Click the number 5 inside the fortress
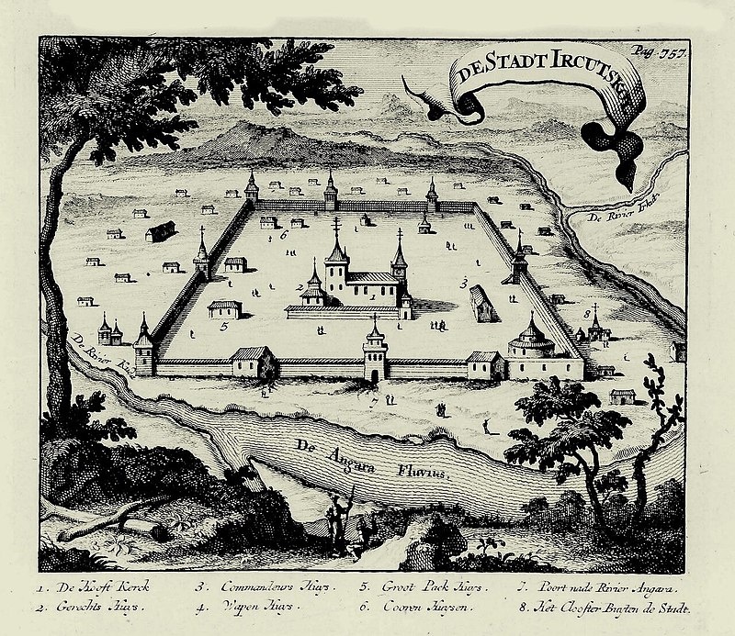tap(223, 323)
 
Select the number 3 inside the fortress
tap(465, 280)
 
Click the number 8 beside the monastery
tap(585, 315)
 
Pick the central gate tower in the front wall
tap(376, 353)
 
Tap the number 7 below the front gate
tap(374, 401)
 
